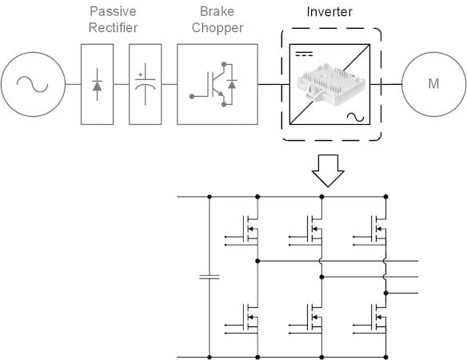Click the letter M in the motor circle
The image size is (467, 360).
point(433,84)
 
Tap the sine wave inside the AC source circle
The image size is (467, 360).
point(33,84)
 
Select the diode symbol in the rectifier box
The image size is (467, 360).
point(97,85)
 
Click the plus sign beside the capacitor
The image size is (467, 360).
point(140,75)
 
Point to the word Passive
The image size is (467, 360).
point(113,11)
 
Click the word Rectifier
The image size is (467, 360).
point(114,28)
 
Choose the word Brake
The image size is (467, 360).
point(218,11)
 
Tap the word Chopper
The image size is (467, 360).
point(218,28)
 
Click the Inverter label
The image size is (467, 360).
point(329,12)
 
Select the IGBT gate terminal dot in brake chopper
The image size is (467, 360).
point(192,96)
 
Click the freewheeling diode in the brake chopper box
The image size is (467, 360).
point(232,84)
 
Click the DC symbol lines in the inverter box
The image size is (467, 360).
point(304,54)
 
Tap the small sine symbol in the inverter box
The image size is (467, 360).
point(355,117)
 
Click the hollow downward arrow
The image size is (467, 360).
point(328,170)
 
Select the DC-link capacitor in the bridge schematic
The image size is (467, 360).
point(210,277)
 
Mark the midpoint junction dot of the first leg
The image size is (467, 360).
point(257,261)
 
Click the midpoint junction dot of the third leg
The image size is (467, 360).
point(386,294)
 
